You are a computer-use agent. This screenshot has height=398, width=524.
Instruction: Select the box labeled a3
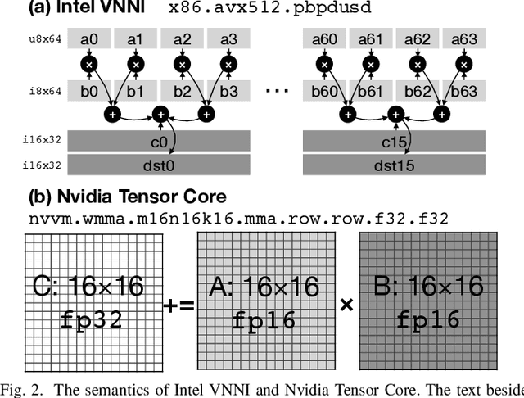[x=228, y=38]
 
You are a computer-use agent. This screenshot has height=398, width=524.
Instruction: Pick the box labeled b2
[x=183, y=91]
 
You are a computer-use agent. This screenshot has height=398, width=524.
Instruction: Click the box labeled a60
[x=326, y=38]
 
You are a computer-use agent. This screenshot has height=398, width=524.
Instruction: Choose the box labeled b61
[x=373, y=91]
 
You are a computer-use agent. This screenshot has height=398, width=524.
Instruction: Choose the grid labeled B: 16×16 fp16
[x=427, y=300]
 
